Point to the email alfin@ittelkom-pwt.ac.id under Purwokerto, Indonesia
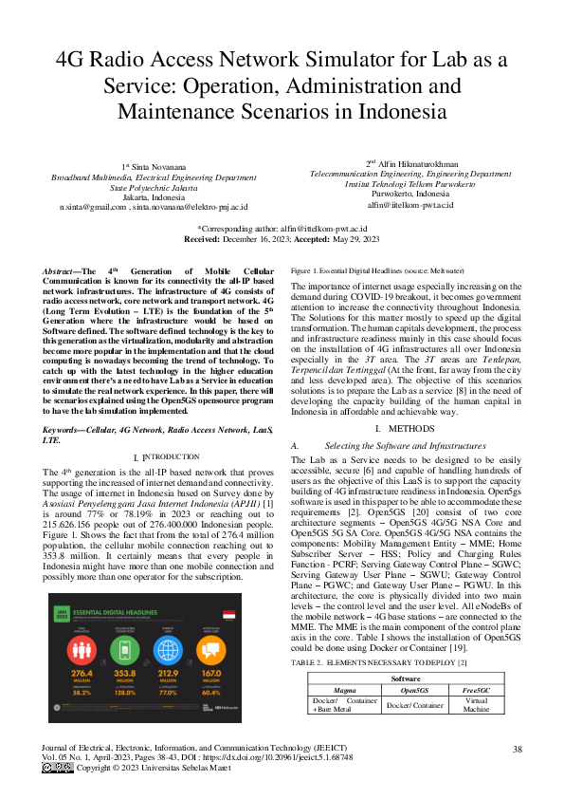coord(409,204)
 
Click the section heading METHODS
coord(409,429)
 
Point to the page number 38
coord(517,749)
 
